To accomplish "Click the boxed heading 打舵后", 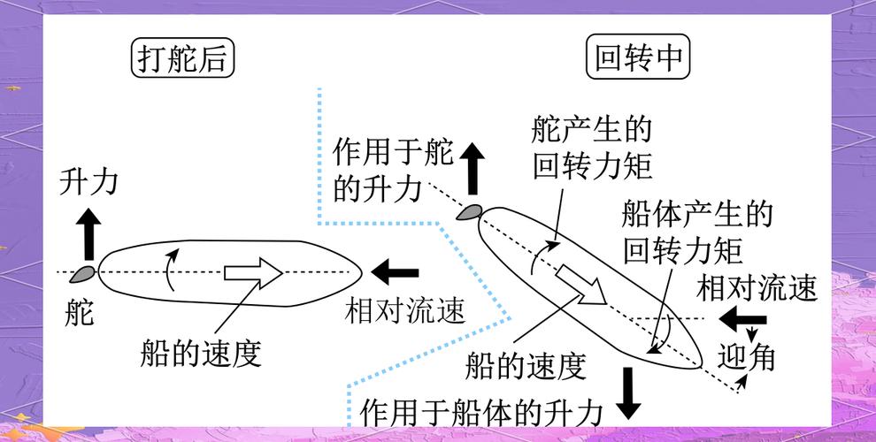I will click(x=184, y=59).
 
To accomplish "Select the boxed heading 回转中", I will click(x=638, y=59).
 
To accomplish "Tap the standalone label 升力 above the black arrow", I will click(x=88, y=182).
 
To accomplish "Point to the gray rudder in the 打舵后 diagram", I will click(x=85, y=272).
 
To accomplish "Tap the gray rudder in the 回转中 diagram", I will click(x=469, y=211).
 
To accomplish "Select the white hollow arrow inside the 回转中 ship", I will click(x=580, y=284).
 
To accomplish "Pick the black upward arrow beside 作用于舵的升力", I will click(x=473, y=168).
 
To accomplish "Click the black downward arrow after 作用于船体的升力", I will click(x=629, y=392).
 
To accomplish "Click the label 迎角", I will click(x=747, y=355).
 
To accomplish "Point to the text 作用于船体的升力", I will click(x=482, y=412).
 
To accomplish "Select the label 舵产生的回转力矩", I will click(x=592, y=147).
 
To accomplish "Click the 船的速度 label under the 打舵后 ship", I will click(x=201, y=353).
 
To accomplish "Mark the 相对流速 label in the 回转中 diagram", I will click(x=757, y=287).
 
